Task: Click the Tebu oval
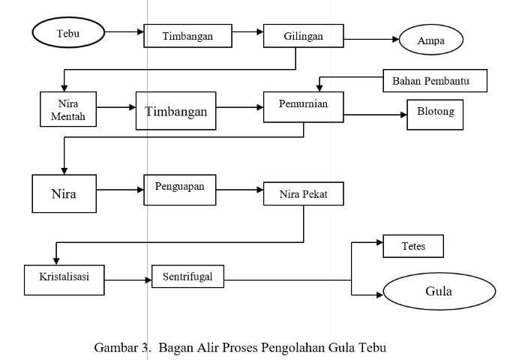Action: click(x=68, y=32)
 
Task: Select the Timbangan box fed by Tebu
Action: click(x=187, y=36)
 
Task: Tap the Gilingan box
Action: click(x=304, y=36)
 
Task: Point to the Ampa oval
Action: click(x=431, y=40)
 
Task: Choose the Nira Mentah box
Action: click(x=68, y=109)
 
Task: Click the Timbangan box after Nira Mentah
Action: click(x=175, y=111)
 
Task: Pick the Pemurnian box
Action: click(x=304, y=107)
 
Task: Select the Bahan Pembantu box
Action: click(x=435, y=81)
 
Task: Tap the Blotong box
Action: click(x=435, y=115)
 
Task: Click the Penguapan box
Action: click(x=180, y=190)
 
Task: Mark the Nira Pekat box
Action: click(x=304, y=193)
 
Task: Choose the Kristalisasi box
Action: click(x=64, y=280)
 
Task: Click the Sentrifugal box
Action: click(x=187, y=277)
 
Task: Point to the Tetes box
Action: click(x=413, y=246)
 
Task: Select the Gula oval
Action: click(x=439, y=292)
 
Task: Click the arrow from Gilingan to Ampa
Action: click(x=371, y=39)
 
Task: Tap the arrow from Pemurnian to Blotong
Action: click(x=375, y=115)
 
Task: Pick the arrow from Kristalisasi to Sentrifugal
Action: click(x=128, y=280)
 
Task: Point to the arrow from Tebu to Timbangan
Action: click(x=124, y=31)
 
